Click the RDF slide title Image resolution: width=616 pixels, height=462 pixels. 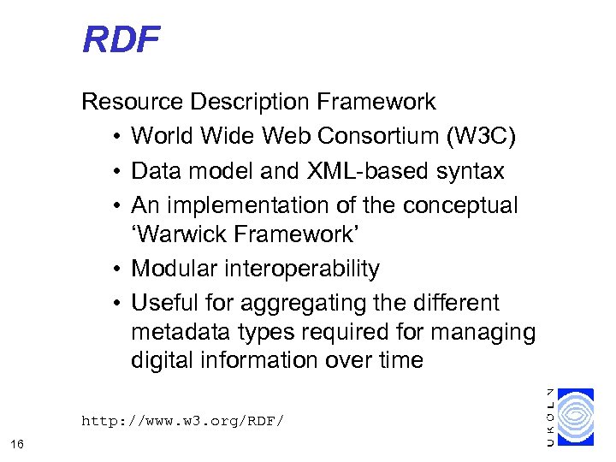pos(121,39)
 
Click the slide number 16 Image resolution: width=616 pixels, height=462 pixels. pos(17,443)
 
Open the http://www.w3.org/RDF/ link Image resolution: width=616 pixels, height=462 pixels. pos(181,421)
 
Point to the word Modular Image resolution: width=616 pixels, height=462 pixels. pos(169,269)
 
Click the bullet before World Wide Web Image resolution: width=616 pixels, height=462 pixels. pos(115,137)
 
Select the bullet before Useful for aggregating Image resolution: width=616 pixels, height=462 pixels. pos(115,304)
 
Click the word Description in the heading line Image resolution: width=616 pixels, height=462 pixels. pos(250,103)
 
